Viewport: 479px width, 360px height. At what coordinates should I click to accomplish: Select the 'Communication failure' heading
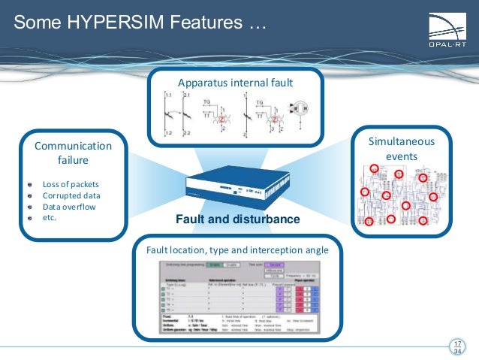(73, 153)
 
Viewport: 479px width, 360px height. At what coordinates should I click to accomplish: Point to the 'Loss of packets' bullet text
(71, 184)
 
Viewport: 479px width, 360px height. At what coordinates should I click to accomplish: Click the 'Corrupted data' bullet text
(70, 195)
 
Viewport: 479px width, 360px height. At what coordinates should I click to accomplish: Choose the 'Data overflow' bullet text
(69, 207)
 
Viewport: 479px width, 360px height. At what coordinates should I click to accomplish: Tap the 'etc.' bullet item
(50, 218)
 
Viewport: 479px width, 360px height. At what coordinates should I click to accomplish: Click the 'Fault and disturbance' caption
(238, 219)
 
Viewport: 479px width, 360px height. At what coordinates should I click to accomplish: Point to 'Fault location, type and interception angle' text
(237, 248)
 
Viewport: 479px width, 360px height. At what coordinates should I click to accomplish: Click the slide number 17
(457, 344)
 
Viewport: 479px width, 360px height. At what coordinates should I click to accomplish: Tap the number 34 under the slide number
(457, 353)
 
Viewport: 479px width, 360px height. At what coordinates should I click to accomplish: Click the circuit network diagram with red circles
(398, 194)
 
